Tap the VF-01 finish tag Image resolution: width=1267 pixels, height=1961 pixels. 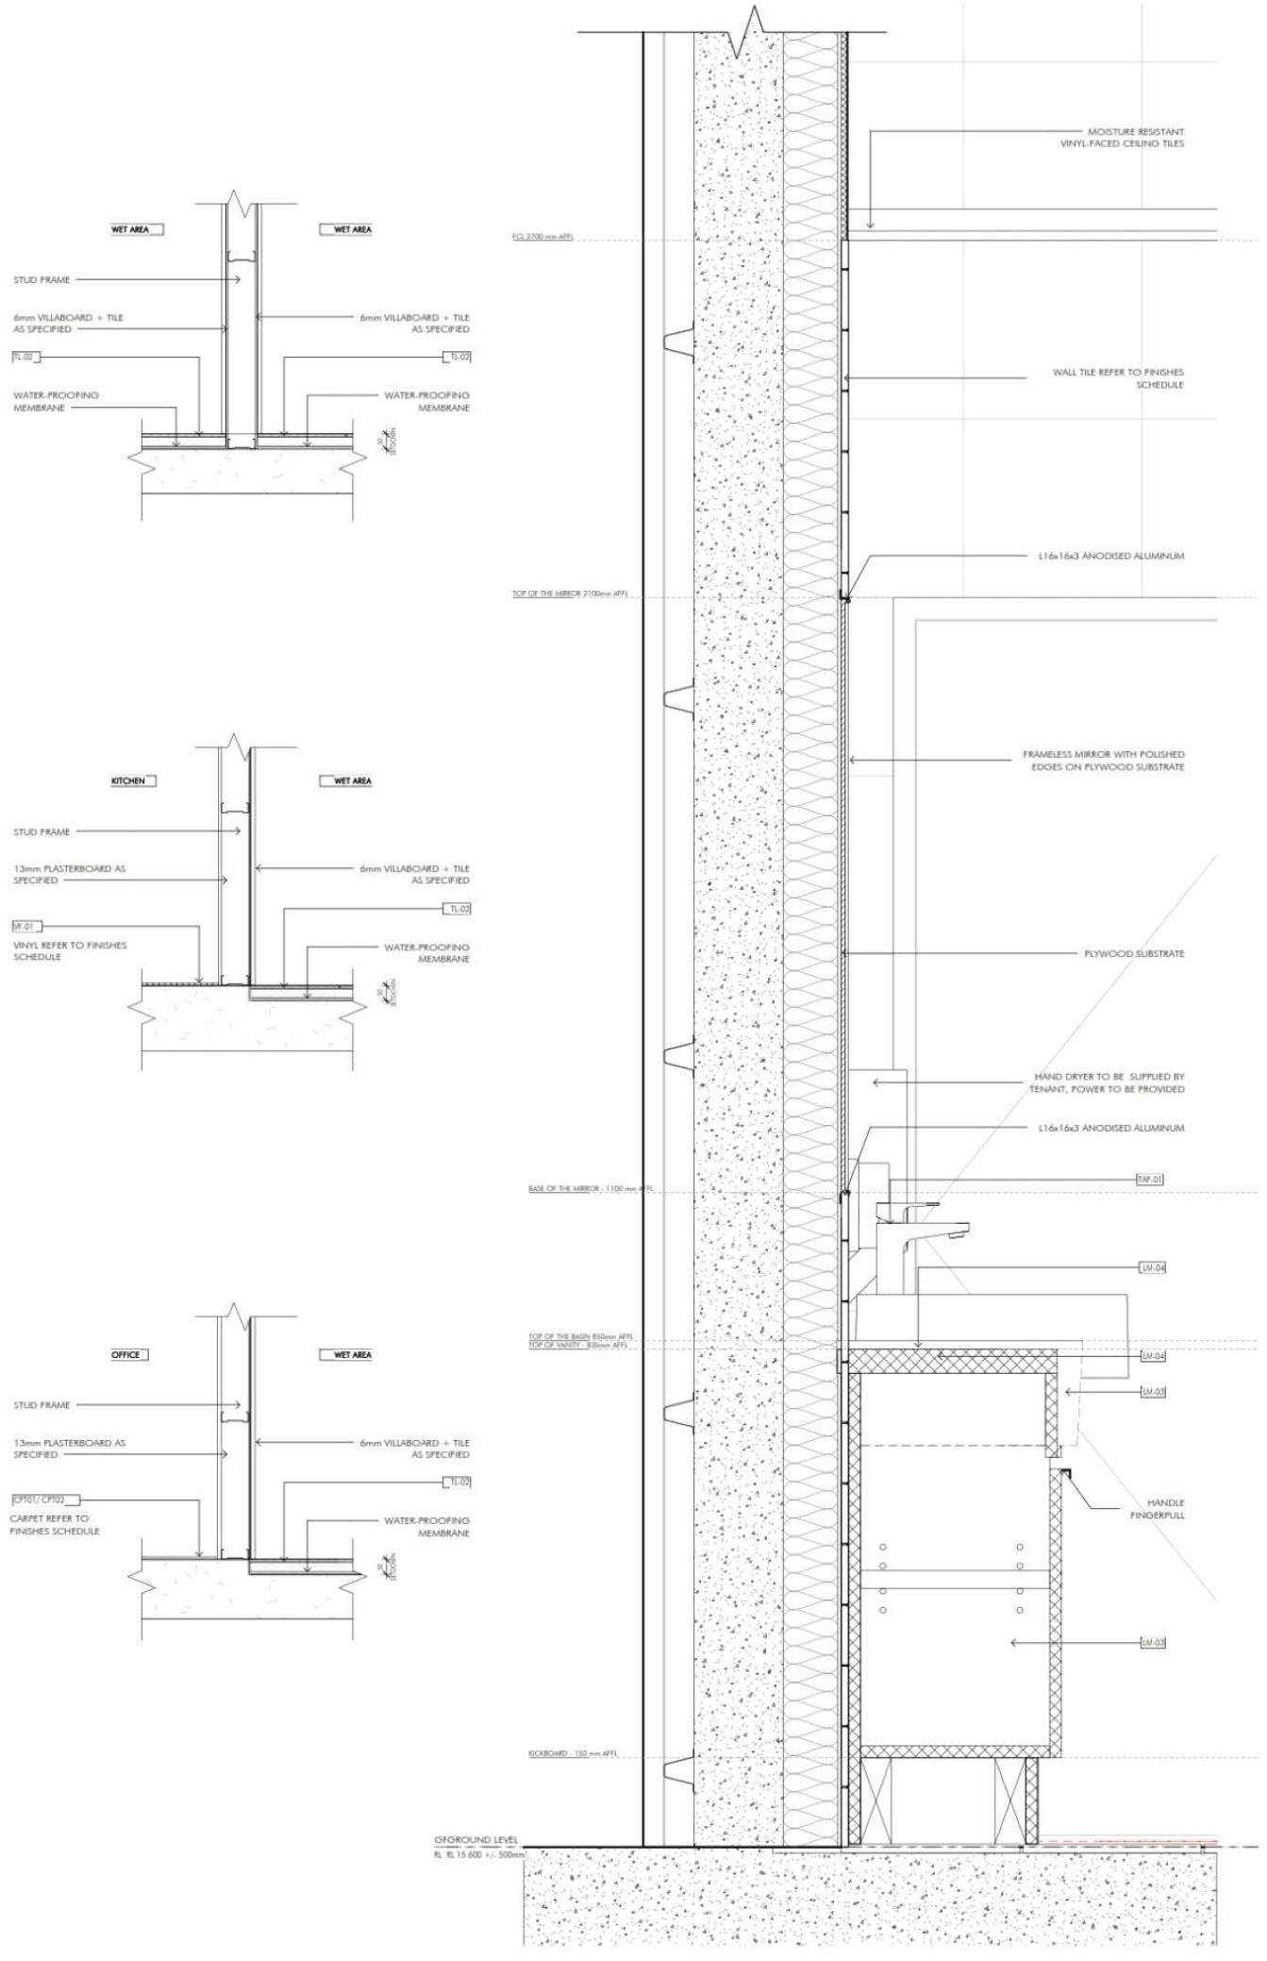26,927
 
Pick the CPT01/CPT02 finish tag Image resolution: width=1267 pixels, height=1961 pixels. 45,1500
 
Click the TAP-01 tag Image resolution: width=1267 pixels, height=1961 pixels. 1151,1179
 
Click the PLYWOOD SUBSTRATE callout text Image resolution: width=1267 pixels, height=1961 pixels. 1134,954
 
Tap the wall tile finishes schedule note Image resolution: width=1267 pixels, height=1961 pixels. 1118,378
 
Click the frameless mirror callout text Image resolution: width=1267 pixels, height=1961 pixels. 1103,761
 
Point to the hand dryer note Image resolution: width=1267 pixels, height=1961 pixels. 1107,1082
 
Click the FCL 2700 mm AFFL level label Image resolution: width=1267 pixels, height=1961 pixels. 542,237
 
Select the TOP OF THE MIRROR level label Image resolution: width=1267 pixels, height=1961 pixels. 570,595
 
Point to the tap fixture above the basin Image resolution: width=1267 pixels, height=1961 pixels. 920,1227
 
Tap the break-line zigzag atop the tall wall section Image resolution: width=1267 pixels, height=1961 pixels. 752,21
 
